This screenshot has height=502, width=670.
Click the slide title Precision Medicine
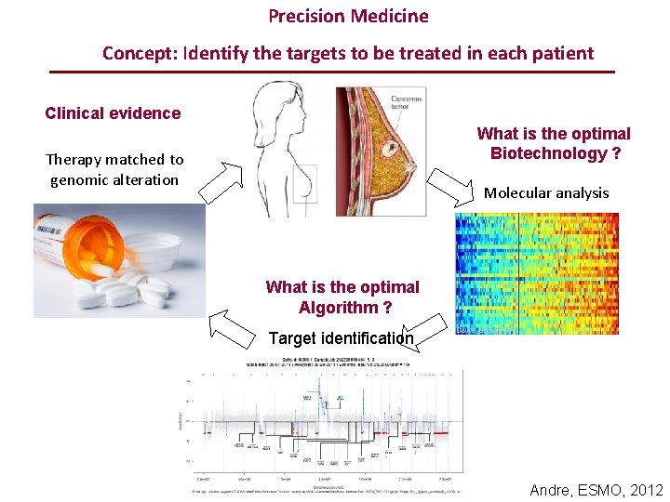tap(348, 17)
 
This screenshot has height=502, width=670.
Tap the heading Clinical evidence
tap(113, 113)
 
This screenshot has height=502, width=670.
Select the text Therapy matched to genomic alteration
tap(114, 169)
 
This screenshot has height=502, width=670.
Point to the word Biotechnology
tap(556, 153)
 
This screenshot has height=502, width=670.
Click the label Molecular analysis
tap(546, 192)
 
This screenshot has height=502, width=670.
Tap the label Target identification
tap(341, 338)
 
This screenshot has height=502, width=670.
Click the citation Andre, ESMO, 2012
tap(596, 490)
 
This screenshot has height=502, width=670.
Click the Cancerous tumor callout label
tap(405, 101)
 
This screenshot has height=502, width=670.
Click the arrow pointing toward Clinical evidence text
tap(220, 182)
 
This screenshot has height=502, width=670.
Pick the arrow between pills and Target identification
tap(232, 328)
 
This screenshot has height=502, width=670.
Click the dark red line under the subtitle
tap(331, 72)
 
